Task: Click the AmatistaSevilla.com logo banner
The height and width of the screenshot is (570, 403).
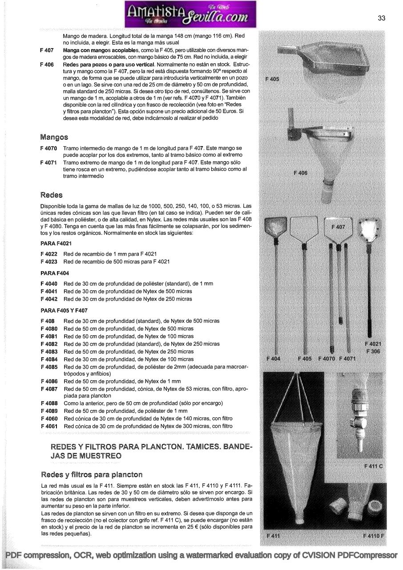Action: click(x=190, y=14)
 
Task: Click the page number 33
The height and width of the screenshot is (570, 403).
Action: click(x=381, y=18)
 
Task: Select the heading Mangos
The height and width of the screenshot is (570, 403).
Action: click(x=54, y=137)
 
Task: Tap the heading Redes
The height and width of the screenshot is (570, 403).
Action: click(x=52, y=195)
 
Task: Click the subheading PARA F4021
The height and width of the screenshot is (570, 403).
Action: click(x=56, y=244)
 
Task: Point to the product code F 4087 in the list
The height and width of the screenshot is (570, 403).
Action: click(x=48, y=389)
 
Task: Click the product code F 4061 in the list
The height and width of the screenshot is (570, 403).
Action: click(x=48, y=426)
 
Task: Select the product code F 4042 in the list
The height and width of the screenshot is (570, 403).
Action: click(x=48, y=299)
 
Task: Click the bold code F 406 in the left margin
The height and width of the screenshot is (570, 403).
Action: click(x=47, y=65)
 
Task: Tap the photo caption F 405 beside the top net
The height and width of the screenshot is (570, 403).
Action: click(x=272, y=79)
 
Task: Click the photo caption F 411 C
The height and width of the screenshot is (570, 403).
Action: click(x=373, y=466)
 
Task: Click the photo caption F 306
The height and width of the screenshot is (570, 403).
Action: click(x=373, y=351)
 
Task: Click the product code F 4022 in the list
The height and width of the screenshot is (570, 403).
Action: click(x=48, y=254)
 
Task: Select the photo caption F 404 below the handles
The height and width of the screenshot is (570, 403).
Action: click(x=273, y=358)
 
